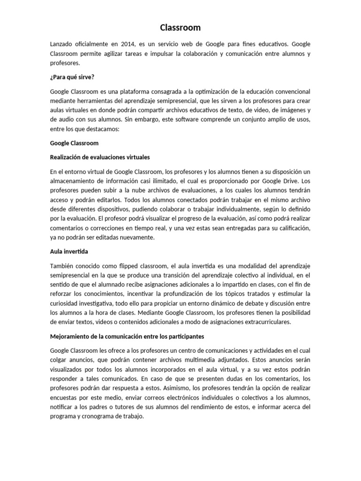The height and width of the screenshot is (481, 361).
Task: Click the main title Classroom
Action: [x=180, y=28]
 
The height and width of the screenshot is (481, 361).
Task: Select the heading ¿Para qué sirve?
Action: [x=72, y=77]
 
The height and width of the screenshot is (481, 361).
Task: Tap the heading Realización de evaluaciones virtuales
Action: [x=100, y=157]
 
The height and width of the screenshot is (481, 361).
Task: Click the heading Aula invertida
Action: [x=69, y=252]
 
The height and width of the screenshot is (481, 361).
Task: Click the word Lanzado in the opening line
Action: [x=62, y=44]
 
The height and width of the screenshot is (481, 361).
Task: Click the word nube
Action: [x=130, y=190]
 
